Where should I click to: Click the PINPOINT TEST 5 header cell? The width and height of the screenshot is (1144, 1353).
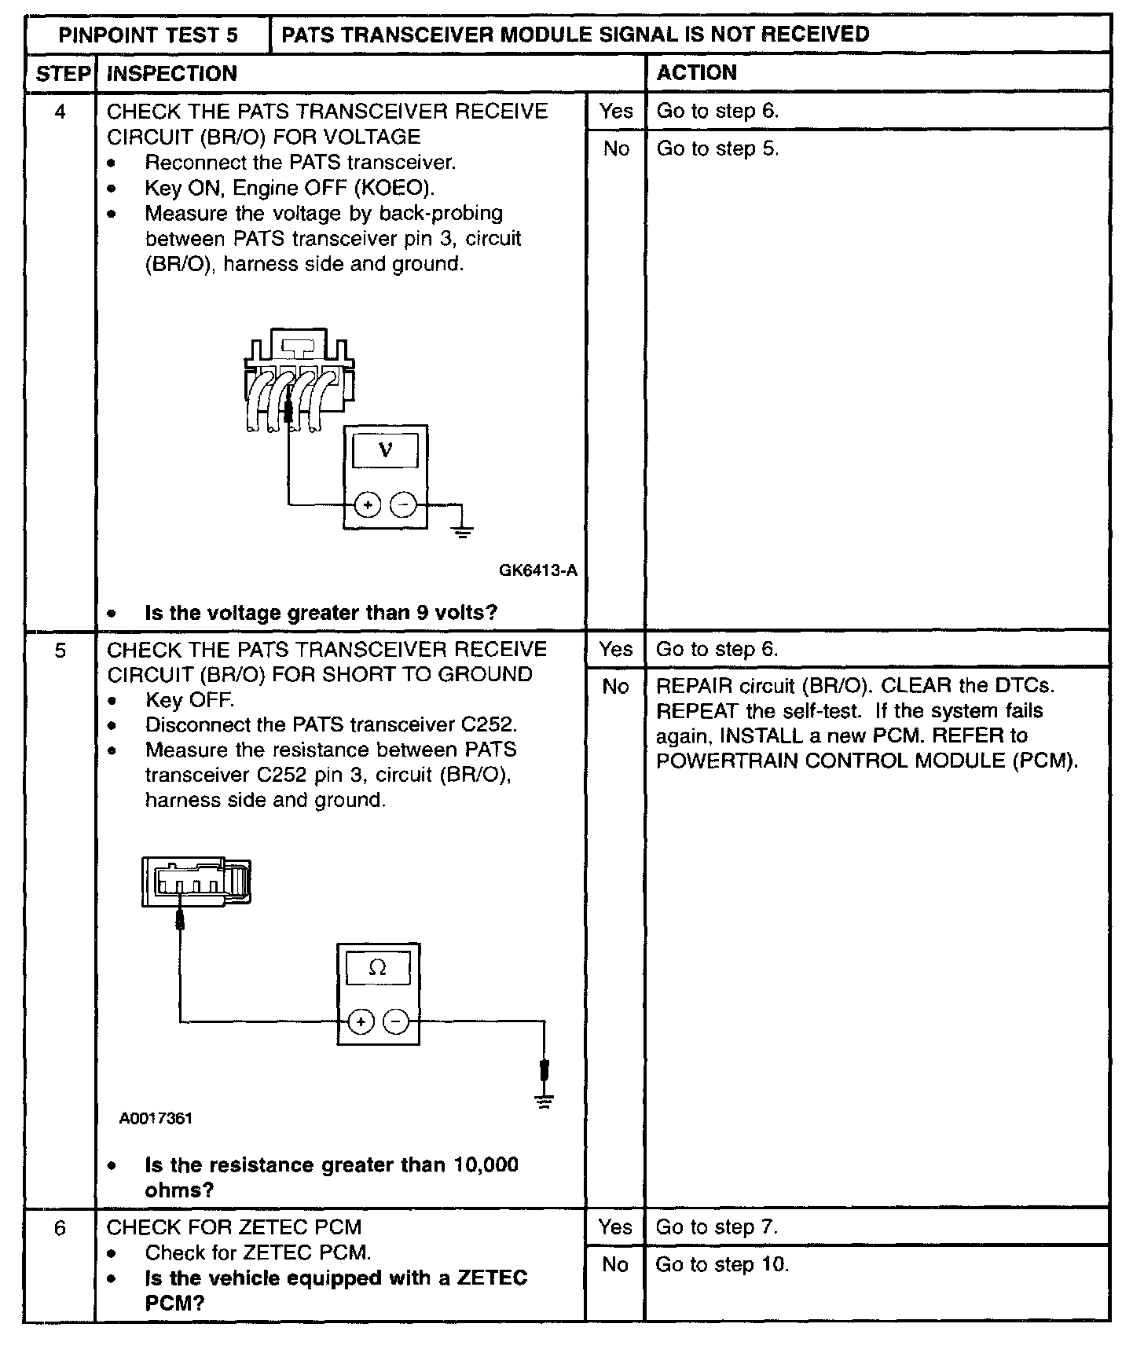(x=148, y=35)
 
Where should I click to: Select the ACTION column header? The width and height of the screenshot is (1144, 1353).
(x=696, y=73)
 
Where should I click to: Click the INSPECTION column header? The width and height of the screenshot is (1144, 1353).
(x=171, y=73)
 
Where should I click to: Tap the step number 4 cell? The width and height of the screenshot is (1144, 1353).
(x=60, y=112)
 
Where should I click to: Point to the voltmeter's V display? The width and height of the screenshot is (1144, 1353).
(x=385, y=450)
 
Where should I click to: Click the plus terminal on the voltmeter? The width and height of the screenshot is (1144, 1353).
(x=368, y=504)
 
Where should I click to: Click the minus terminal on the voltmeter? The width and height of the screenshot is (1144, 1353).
(x=403, y=504)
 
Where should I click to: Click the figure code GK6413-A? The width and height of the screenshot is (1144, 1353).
(x=538, y=570)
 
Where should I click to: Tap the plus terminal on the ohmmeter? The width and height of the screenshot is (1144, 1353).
(x=361, y=1021)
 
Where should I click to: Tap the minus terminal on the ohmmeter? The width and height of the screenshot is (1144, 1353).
(x=396, y=1021)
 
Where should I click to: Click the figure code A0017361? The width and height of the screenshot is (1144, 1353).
(x=156, y=1118)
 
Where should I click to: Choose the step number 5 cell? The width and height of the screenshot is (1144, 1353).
(x=60, y=650)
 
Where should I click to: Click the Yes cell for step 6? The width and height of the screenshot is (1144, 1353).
(x=615, y=1227)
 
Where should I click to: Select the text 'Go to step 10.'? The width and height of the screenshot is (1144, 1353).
(x=722, y=1264)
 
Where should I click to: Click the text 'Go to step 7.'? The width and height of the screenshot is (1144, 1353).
(x=717, y=1227)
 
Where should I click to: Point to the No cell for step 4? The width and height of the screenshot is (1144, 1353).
(x=616, y=148)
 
